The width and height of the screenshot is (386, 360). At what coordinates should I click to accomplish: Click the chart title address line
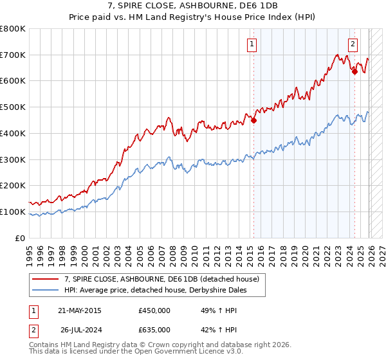coord(193,5)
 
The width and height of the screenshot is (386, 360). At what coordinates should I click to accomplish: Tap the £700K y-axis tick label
coord(13,55)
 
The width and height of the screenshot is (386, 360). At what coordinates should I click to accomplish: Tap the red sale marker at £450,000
coord(254,120)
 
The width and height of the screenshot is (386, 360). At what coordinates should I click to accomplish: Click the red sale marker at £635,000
coord(354,71)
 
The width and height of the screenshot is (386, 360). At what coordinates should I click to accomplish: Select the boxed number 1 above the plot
coord(251,44)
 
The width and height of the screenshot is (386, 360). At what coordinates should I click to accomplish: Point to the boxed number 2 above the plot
coord(353,44)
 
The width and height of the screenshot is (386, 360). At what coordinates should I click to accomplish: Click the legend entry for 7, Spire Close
coord(161,279)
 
